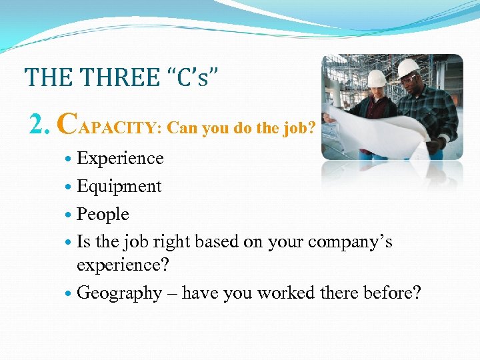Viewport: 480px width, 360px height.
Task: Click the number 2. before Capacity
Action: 41,123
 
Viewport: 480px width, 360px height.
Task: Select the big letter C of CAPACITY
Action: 67,122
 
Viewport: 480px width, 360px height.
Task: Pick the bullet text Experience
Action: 120,159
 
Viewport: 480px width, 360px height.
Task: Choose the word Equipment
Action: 119,187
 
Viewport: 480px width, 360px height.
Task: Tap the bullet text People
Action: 103,215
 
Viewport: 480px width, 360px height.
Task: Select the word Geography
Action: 119,293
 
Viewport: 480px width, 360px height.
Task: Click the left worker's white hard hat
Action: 377,78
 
